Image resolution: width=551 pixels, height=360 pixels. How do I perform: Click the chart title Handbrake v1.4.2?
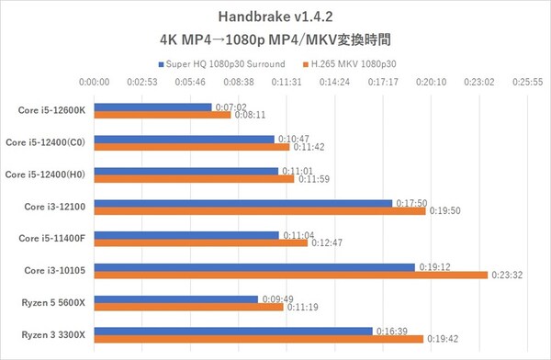click(275, 17)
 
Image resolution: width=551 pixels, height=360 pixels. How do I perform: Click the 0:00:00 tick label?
click(96, 82)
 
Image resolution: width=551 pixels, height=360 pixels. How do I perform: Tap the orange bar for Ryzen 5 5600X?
click(189, 306)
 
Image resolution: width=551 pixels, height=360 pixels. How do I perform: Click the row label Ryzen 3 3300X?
click(53, 333)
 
